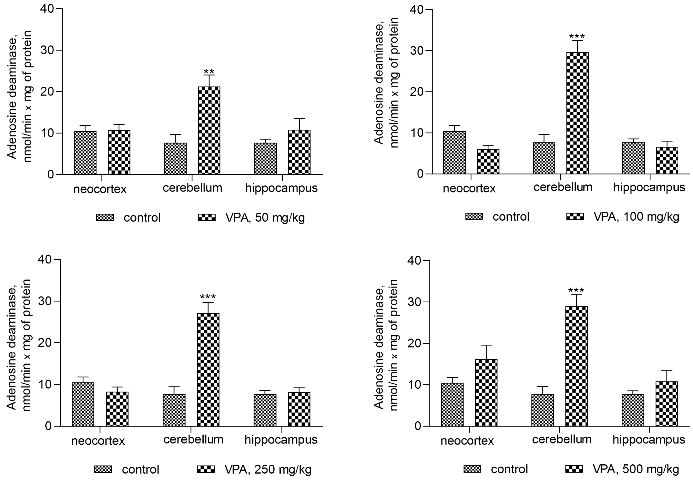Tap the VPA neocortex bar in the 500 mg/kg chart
(x=486, y=392)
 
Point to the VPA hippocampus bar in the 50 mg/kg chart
(x=299, y=152)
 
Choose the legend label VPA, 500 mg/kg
(x=636, y=469)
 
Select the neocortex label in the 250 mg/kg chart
(x=98, y=441)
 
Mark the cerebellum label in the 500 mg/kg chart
(x=562, y=439)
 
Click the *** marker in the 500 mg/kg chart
(x=576, y=291)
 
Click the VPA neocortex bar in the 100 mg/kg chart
(x=488, y=161)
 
